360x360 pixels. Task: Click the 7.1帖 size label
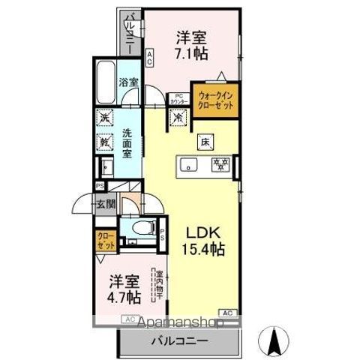191,53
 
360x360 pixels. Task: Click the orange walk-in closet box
214,100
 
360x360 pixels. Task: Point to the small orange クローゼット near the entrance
105,240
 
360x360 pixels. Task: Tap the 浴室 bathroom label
128,82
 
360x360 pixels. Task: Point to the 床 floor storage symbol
204,141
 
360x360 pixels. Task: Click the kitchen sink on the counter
190,164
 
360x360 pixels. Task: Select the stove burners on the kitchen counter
220,163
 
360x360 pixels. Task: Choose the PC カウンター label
178,98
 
